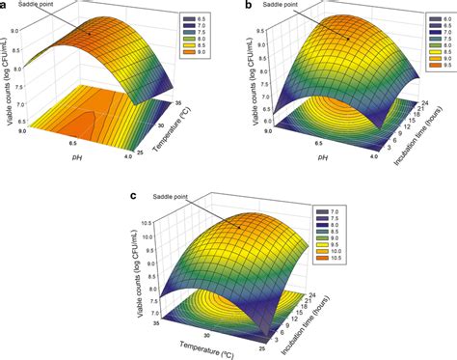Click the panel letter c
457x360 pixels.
tap(133, 197)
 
